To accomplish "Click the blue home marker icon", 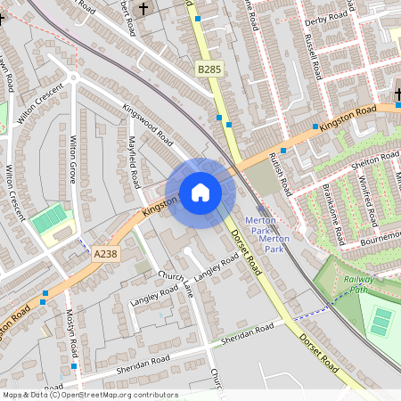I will [x=200, y=192].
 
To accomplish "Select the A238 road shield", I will [x=105, y=254].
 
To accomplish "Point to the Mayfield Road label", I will [x=133, y=161].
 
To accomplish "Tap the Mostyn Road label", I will [x=71, y=331].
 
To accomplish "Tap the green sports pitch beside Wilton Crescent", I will [x=50, y=217].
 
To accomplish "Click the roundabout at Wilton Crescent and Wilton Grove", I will [x=71, y=78].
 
